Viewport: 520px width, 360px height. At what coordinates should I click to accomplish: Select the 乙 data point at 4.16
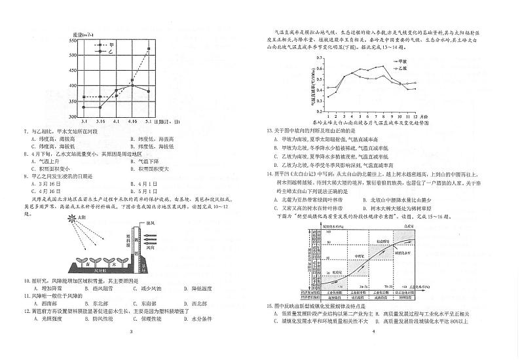click(132, 84)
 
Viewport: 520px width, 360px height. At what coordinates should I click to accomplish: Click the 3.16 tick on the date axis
click(100, 122)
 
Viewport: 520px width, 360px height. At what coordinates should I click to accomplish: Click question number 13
click(269, 131)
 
